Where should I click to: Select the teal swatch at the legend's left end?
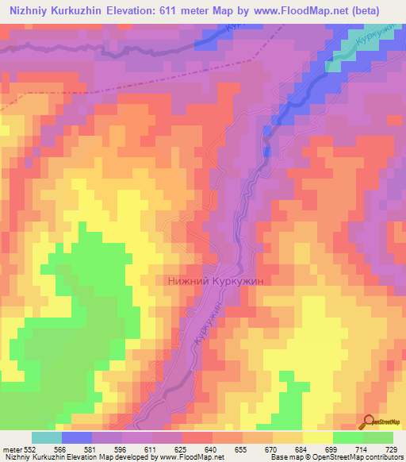47,437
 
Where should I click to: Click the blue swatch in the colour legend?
77,437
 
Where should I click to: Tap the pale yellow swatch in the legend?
317,437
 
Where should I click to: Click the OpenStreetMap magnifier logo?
368,421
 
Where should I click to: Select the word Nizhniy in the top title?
31,10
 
